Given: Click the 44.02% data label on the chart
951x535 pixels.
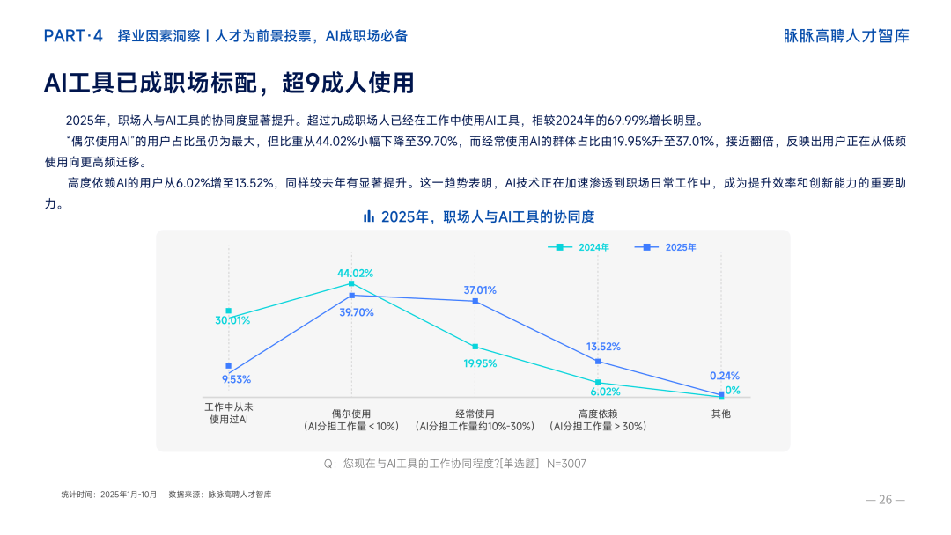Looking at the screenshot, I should click(x=356, y=273).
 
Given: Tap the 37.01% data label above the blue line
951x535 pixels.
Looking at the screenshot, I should click(x=480, y=289).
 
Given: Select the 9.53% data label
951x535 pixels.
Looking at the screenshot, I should click(x=236, y=379).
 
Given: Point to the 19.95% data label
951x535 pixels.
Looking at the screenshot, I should click(x=480, y=363).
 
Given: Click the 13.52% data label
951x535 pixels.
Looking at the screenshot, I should click(x=603, y=347).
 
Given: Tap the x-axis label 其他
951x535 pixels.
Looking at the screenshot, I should click(x=721, y=414).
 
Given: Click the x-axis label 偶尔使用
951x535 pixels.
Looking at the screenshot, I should click(x=351, y=414).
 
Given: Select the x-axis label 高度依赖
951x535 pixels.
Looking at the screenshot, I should click(x=598, y=414).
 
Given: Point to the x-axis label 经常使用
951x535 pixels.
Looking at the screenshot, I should click(x=475, y=414).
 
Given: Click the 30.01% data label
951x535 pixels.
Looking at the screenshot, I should click(x=232, y=320).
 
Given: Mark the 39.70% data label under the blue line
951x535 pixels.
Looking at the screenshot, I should click(x=357, y=312).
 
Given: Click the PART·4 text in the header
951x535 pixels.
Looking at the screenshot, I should click(x=74, y=36).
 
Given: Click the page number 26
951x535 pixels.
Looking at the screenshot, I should click(x=886, y=500).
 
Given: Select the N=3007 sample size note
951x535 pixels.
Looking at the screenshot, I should click(x=566, y=463).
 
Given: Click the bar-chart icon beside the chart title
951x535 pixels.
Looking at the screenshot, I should click(x=369, y=216).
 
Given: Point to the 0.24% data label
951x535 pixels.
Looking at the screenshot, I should click(x=725, y=376).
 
